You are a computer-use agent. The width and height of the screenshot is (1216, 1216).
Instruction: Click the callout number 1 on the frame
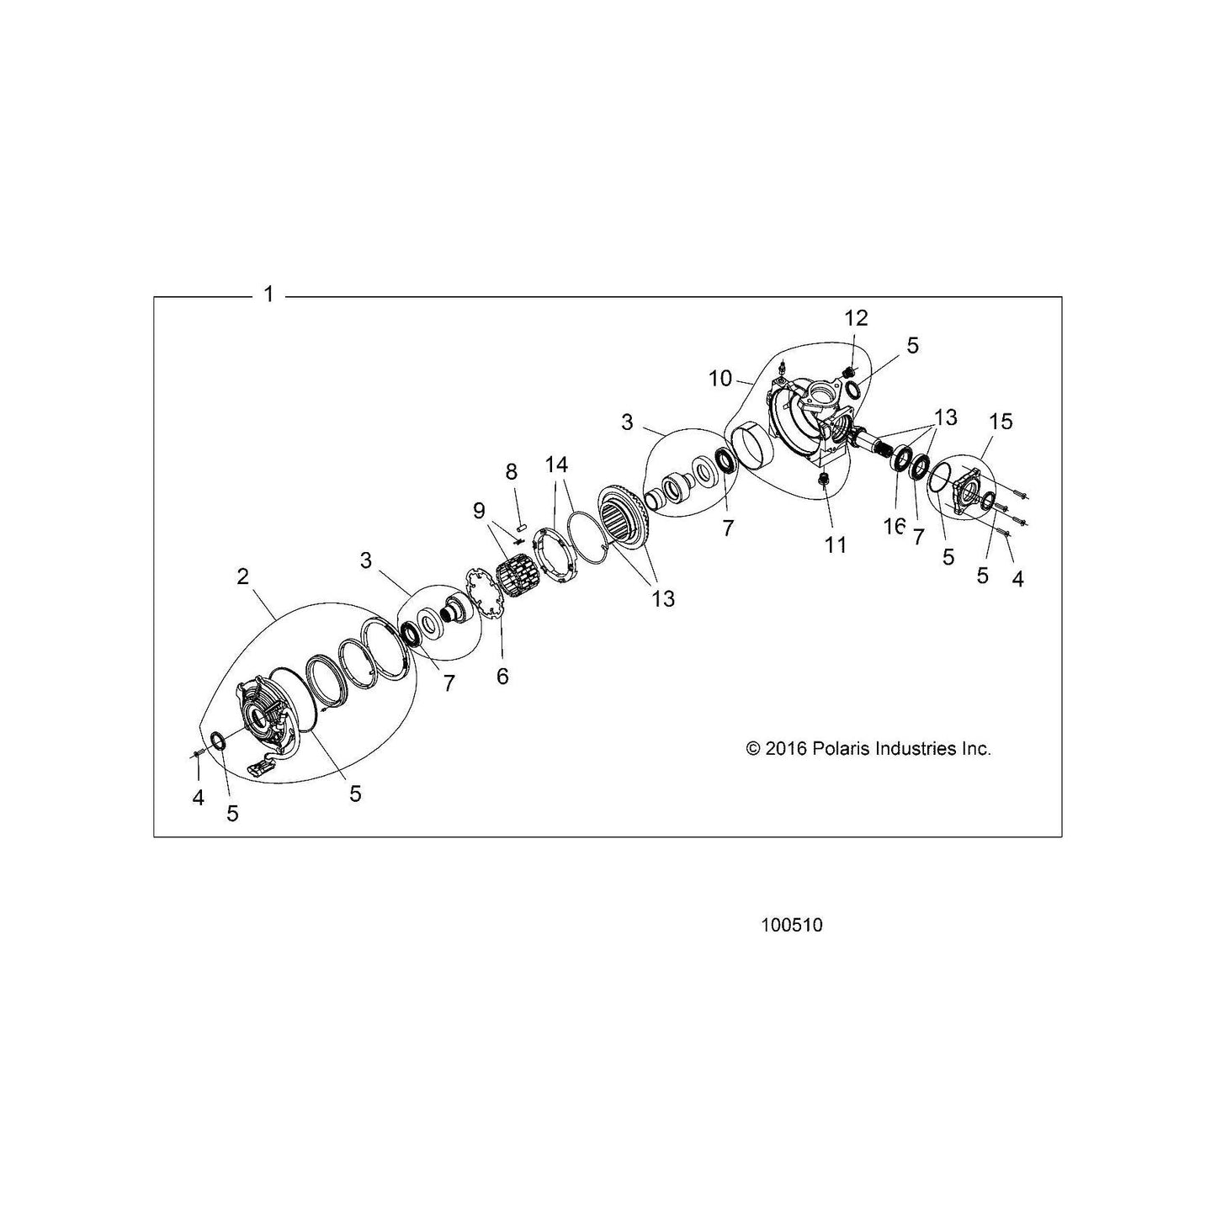click(268, 294)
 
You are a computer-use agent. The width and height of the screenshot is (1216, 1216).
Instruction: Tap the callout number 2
click(243, 576)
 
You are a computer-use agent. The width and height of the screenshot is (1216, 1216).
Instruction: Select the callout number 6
click(502, 676)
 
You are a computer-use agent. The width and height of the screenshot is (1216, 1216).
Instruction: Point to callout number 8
click(511, 470)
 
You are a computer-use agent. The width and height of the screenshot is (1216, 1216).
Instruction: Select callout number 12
click(857, 318)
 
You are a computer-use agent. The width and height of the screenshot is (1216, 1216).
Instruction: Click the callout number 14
click(556, 465)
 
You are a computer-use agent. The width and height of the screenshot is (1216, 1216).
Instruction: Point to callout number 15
click(1001, 421)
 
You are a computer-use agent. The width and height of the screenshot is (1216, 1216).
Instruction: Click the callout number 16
click(895, 526)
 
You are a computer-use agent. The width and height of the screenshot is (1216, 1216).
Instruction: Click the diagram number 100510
click(792, 926)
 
